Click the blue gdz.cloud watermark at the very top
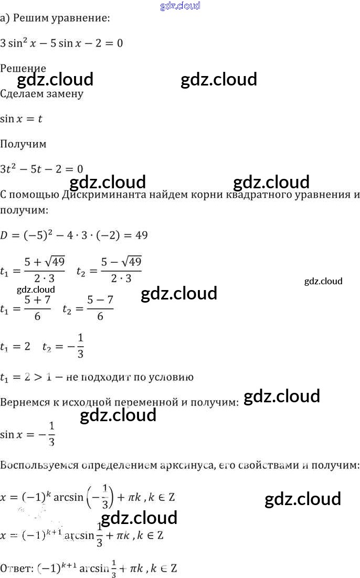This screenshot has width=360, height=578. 180,6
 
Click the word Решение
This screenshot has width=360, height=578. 23,68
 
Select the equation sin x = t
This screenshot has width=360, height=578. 21,119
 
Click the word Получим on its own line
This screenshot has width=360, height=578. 23,144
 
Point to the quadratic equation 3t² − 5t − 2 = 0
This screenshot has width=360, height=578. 41,169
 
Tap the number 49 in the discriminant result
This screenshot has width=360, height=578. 141,236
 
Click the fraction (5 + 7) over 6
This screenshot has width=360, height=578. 37,308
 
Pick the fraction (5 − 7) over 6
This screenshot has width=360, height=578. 100,308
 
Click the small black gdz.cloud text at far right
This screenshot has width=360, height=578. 323,281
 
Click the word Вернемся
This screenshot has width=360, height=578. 23,403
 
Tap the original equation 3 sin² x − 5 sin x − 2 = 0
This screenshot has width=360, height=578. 61,43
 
